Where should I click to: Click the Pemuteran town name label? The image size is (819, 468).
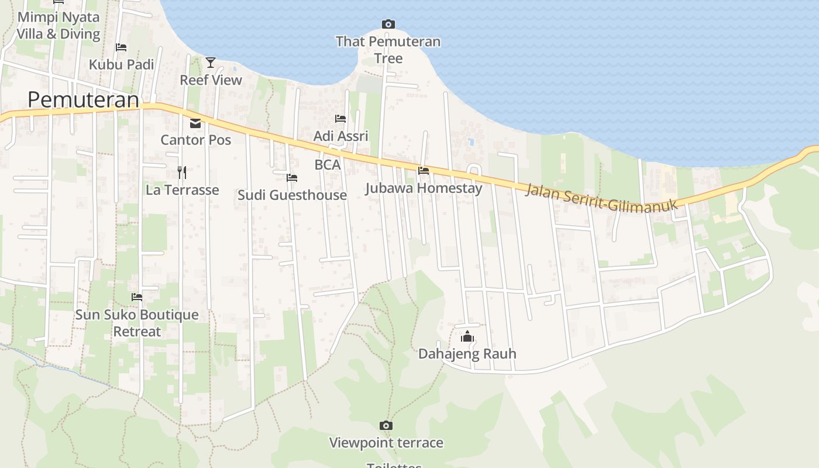point(84,100)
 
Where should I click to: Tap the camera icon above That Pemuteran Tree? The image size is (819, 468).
point(388,24)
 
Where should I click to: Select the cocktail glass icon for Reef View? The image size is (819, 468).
point(211,62)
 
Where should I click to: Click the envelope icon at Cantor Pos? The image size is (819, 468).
point(195,123)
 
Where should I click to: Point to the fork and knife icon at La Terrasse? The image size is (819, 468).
point(182,172)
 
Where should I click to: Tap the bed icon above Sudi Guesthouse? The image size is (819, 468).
point(292,177)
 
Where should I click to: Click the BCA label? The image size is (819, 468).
point(328,165)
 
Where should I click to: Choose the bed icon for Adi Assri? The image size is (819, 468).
point(340,119)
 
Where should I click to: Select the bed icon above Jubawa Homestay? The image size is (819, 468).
point(424,170)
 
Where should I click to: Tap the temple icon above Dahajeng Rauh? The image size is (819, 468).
point(467,336)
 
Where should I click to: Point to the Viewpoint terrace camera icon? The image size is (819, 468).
point(386,425)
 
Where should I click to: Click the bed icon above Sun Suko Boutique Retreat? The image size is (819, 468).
point(137,297)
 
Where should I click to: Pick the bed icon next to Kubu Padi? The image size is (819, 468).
point(121,47)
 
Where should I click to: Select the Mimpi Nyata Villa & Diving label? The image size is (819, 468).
point(58,25)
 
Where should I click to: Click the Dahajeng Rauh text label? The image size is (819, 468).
point(467,354)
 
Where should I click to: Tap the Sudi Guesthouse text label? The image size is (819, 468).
point(292,195)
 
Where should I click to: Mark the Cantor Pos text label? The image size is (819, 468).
point(195,140)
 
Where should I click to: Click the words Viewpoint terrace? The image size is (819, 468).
point(386,443)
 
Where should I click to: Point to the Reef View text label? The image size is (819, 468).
point(211,80)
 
